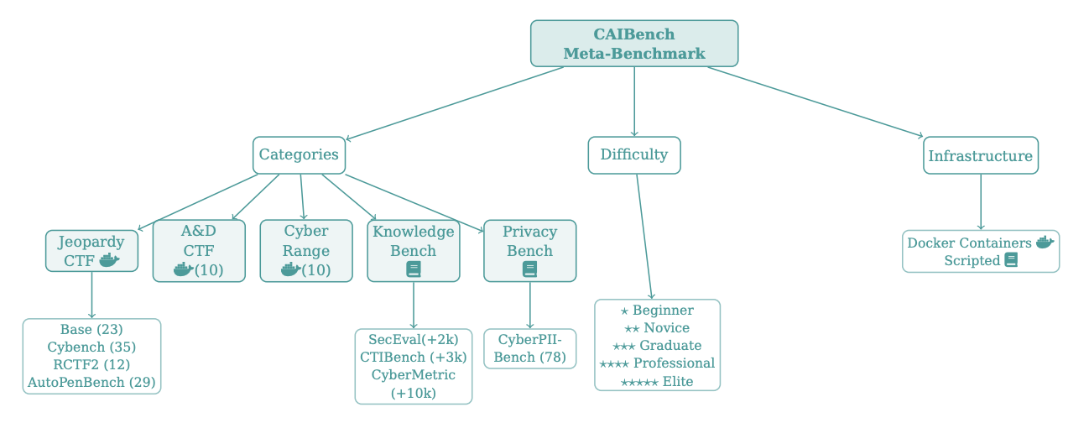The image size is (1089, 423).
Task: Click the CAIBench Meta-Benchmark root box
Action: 633,44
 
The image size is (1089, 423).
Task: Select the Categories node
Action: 299,155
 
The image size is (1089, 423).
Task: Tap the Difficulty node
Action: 633,155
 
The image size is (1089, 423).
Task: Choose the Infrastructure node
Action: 980,156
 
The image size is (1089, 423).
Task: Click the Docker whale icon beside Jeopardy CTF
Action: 109,260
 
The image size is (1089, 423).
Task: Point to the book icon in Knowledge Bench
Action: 413,269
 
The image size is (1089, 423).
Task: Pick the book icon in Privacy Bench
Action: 529,269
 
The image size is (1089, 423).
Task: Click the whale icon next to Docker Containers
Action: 1044,243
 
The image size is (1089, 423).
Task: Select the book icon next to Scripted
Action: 1011,260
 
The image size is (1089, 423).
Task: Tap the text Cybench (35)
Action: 91,347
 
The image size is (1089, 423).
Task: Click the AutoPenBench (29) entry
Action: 91,383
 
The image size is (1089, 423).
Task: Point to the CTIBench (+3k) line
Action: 413,357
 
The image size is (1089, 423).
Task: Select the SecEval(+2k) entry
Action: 413,339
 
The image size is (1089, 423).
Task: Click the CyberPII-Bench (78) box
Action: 529,348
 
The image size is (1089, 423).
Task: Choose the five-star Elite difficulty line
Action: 657,382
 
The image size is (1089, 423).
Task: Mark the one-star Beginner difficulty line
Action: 657,311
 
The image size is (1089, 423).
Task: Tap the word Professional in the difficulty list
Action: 674,363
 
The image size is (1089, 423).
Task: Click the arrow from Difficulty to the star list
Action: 644,235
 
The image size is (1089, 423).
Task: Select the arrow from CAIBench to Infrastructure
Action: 814,102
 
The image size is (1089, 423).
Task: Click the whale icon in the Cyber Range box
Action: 290,269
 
